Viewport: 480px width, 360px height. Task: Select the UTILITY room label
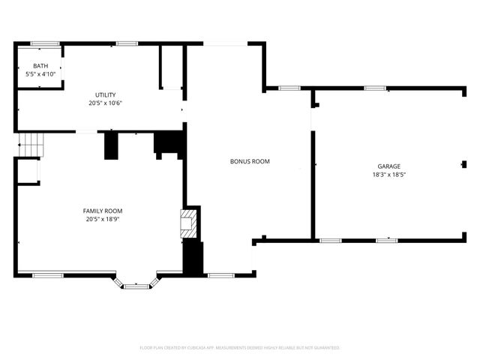tap(105, 94)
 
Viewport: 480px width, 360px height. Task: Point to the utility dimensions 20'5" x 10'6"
tap(105, 103)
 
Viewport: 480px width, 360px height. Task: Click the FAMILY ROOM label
tap(103, 211)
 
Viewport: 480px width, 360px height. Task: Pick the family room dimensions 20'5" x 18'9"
tap(103, 219)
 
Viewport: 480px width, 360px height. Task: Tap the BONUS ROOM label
tap(250, 161)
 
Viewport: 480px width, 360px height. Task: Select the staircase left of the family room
tap(30, 143)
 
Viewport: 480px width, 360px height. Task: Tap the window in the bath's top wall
tap(45, 43)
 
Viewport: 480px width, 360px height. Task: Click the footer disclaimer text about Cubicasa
tap(240, 348)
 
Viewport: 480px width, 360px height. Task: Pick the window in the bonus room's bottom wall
tap(219, 274)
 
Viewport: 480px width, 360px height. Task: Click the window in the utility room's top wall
tap(126, 43)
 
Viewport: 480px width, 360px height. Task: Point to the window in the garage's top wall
tap(375, 88)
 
